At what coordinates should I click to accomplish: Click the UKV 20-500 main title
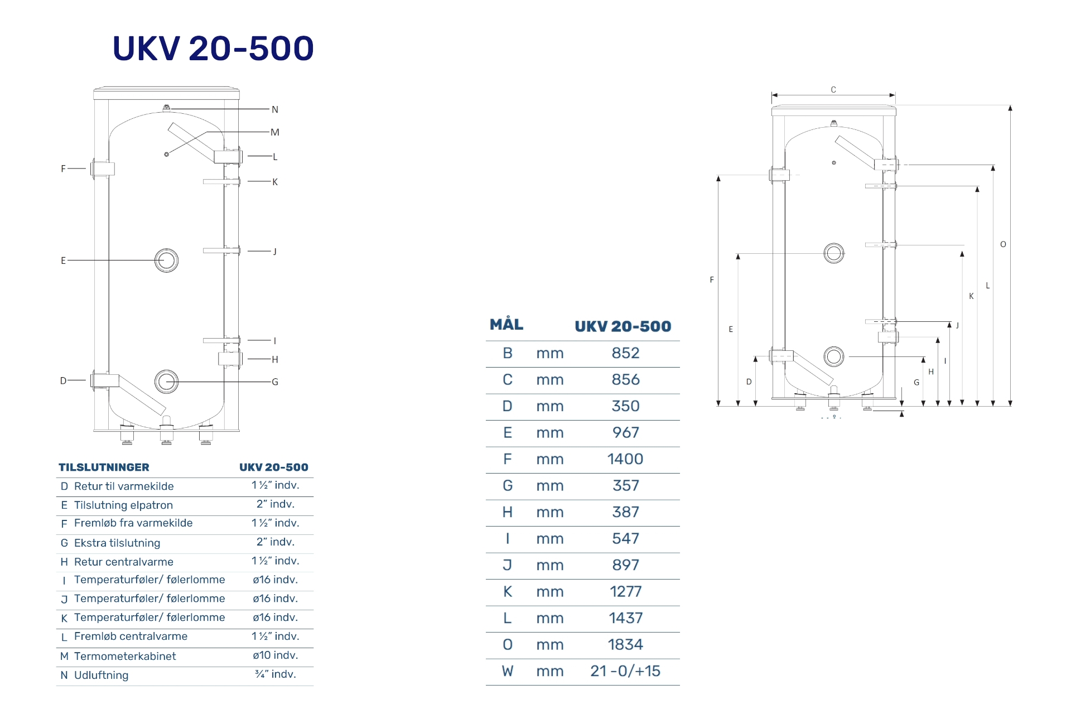(x=213, y=49)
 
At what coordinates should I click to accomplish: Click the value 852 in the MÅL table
(x=625, y=353)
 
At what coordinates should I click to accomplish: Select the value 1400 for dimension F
(x=625, y=459)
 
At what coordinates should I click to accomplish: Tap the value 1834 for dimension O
(x=625, y=645)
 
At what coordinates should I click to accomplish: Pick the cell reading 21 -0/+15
(x=625, y=671)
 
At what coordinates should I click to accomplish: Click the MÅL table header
(x=506, y=325)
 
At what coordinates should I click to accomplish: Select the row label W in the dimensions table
(x=507, y=671)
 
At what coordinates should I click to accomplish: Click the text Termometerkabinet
(x=125, y=657)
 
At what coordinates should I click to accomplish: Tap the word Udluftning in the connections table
(x=101, y=676)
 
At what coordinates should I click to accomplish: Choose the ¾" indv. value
(x=276, y=674)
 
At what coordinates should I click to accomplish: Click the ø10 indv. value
(x=276, y=655)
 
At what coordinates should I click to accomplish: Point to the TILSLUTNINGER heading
(x=104, y=467)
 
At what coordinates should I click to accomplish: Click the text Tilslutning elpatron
(x=123, y=505)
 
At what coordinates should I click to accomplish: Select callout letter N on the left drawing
(x=275, y=110)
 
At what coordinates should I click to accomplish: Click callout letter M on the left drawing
(x=275, y=133)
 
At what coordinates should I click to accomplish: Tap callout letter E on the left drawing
(x=63, y=260)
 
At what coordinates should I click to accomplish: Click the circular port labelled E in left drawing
(x=166, y=260)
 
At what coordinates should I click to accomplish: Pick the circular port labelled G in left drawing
(x=166, y=382)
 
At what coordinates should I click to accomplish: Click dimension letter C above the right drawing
(x=833, y=90)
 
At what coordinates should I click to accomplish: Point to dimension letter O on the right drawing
(x=1003, y=244)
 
